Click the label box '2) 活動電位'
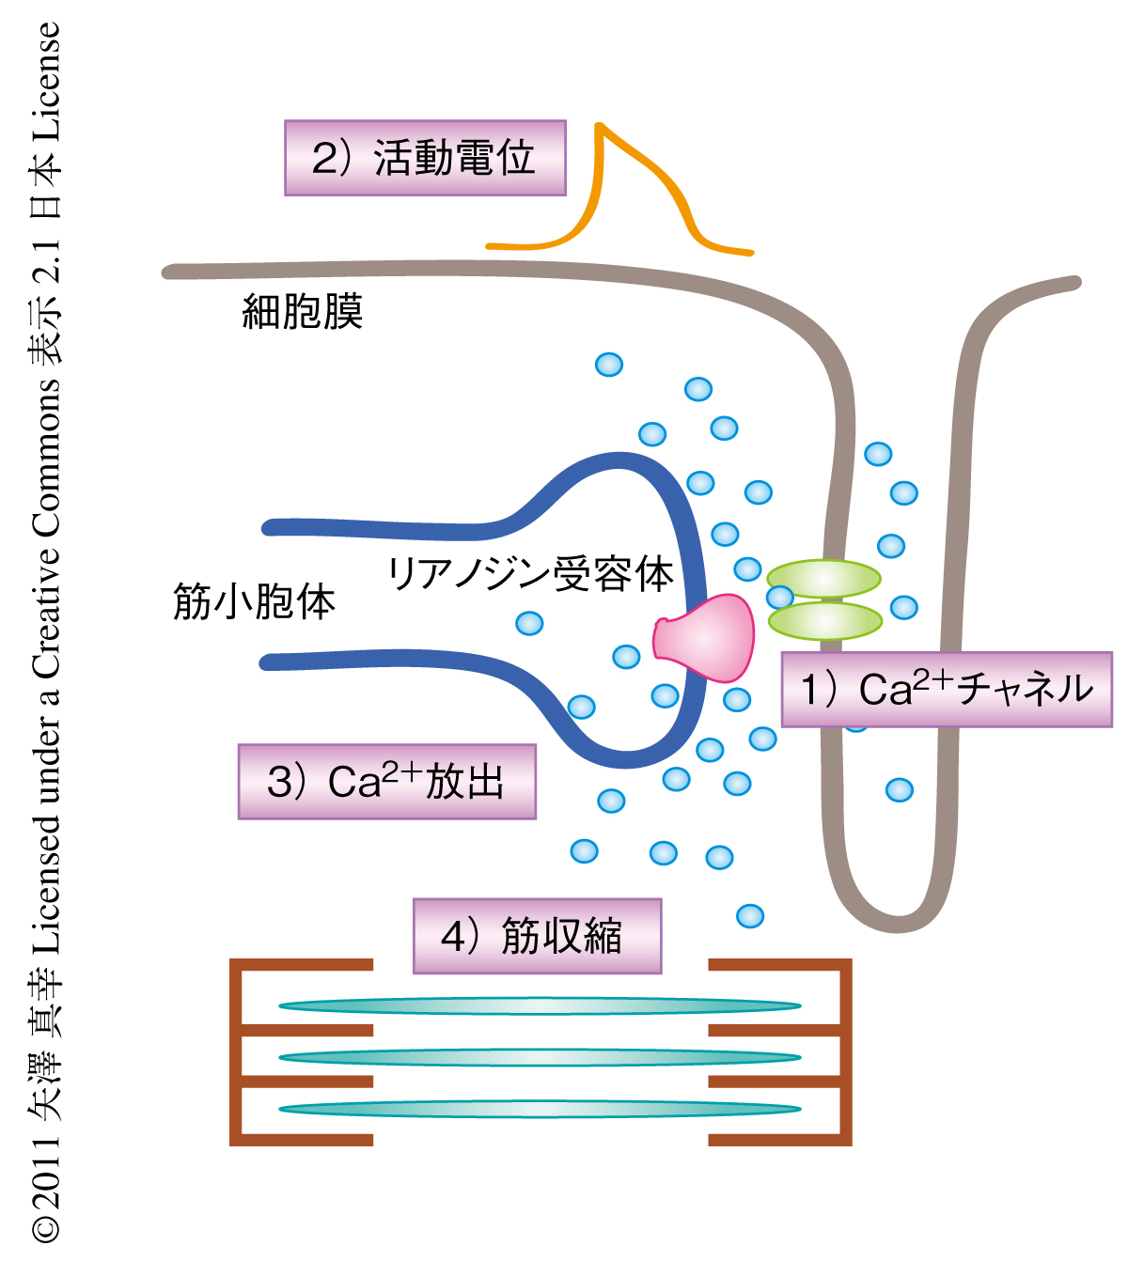point(425,158)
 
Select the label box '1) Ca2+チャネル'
point(947,689)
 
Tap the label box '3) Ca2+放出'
point(386,782)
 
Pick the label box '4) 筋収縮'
point(537,936)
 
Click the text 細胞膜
point(303,312)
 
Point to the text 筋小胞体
point(254,601)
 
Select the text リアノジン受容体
point(530,573)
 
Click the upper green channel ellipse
point(823,579)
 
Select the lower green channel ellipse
point(825,620)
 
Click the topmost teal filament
point(540,1006)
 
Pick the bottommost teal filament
point(540,1109)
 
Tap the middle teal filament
point(540,1057)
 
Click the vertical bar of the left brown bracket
point(236,1052)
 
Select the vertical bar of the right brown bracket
point(846,1052)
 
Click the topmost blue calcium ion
point(609,365)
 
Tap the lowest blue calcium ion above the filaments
point(750,915)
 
